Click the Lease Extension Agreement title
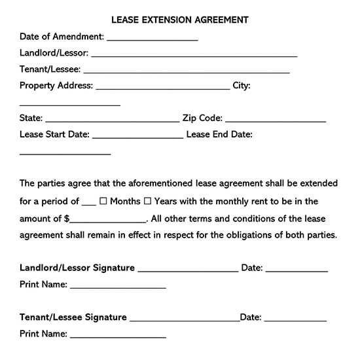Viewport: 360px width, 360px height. (x=179, y=20)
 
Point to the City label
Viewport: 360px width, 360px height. (x=242, y=86)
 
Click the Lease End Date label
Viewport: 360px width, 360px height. (x=219, y=135)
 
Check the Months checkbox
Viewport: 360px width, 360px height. (x=103, y=202)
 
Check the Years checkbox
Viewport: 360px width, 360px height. (x=147, y=202)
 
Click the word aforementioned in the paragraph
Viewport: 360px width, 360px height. (x=160, y=184)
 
